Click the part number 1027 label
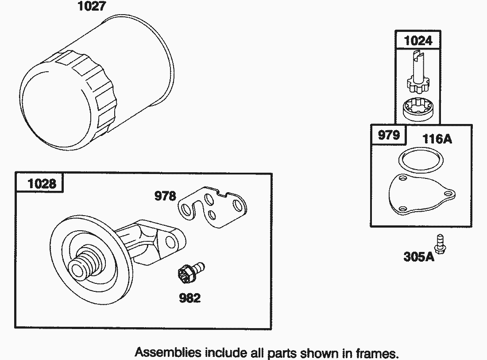coord(92,6)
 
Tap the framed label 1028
coord(42,184)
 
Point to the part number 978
coord(165,196)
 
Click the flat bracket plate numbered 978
coord(213,206)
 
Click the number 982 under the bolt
coord(190,298)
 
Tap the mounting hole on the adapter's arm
coord(170,242)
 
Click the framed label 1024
coord(418,41)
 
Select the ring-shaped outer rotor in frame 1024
coord(418,108)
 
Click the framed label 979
coord(389,135)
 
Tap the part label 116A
coord(437,139)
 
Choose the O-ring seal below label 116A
coord(421,160)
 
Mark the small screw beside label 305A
coord(441,244)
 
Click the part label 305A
coord(418,257)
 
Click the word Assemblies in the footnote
coord(168,352)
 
